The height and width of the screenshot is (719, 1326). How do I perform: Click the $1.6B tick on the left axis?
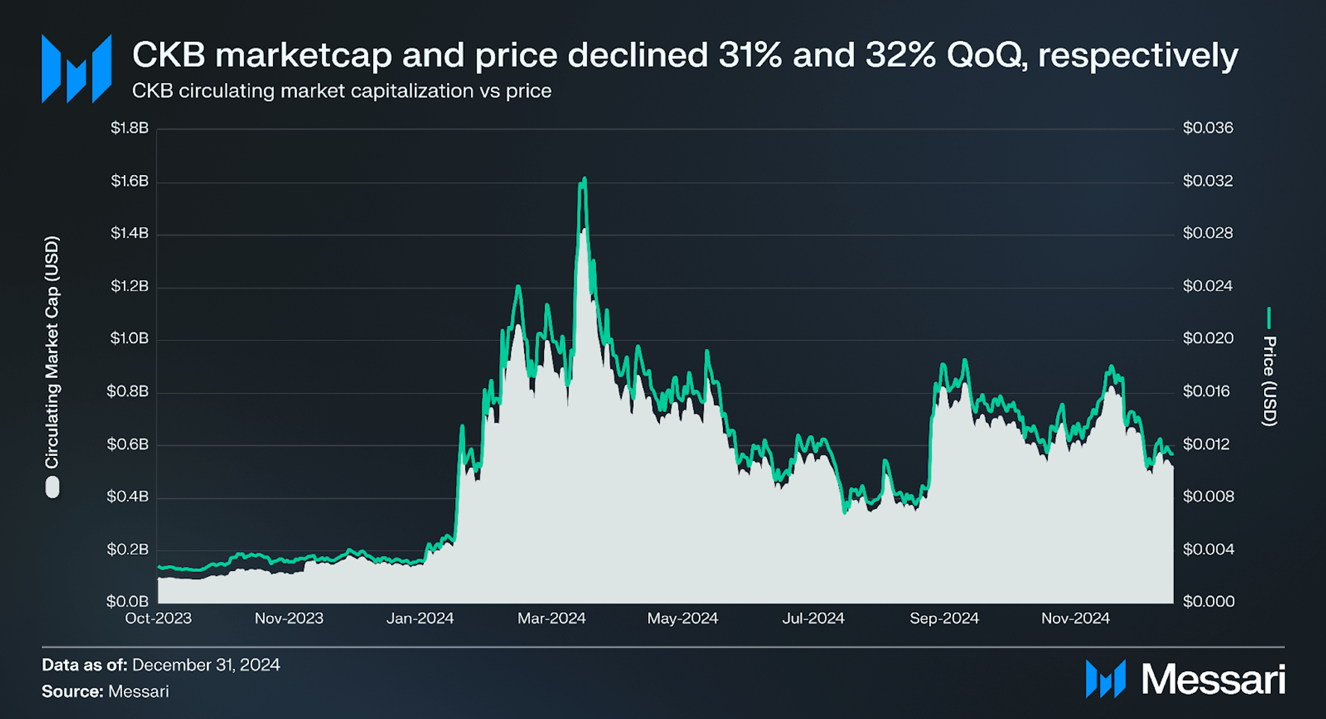[129, 181]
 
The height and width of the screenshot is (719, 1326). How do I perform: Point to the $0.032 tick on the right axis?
[1207, 181]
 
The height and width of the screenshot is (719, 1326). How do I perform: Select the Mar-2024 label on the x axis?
[551, 618]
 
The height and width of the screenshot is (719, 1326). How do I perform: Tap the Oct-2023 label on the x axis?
[158, 618]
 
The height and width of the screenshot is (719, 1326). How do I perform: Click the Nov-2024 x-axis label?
[1075, 618]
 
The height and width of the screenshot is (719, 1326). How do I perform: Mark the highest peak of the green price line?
[584, 179]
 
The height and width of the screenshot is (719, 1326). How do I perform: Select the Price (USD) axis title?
[1269, 381]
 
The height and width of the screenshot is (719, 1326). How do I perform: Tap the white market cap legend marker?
[53, 487]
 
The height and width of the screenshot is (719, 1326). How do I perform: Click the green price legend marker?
[1269, 318]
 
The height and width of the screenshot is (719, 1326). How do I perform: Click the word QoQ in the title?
[984, 55]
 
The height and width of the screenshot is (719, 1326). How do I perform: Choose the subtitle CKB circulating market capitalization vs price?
[342, 91]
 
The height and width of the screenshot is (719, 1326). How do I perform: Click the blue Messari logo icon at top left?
[76, 69]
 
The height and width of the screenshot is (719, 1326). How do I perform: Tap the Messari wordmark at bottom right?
[1213, 679]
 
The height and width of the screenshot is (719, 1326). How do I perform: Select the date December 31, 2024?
[206, 665]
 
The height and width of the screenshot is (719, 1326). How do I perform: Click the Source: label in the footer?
[72, 691]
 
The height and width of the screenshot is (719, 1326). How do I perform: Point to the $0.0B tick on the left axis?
[128, 601]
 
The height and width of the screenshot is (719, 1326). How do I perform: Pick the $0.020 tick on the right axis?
[1207, 338]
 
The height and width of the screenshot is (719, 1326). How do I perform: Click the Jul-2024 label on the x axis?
[813, 618]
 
